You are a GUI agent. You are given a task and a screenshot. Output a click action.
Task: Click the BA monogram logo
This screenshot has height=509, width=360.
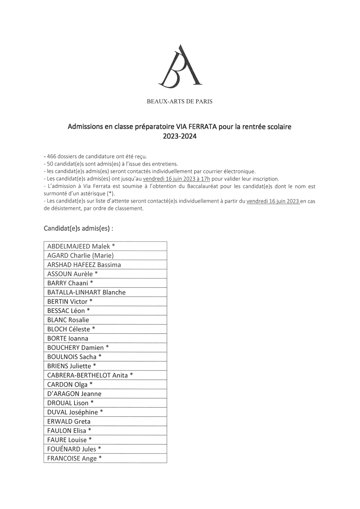point(180,66)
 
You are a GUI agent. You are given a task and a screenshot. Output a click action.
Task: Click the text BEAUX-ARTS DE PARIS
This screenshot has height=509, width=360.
point(180,102)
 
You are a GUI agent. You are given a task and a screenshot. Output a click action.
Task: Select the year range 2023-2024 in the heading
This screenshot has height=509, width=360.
point(180,137)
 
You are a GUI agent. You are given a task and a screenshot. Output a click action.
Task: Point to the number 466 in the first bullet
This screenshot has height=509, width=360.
point(52,156)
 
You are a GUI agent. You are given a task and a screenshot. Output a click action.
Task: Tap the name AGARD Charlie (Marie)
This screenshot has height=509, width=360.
point(80,255)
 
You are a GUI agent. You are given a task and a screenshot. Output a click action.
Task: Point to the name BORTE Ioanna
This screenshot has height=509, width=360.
point(68,338)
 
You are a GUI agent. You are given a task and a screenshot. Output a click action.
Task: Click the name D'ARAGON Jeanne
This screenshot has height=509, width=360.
point(74,394)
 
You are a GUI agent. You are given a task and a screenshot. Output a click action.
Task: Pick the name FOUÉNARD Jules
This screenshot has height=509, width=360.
point(72,449)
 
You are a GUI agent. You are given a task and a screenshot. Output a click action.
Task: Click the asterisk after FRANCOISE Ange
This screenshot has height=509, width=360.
point(100,458)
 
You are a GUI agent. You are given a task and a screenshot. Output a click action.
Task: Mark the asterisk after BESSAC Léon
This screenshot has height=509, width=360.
point(88,310)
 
